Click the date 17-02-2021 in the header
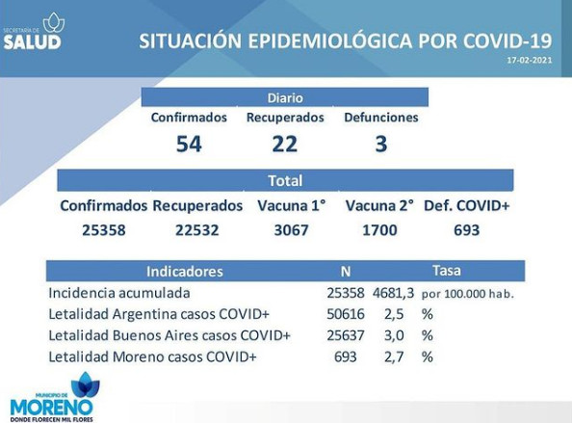530,60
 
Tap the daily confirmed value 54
189,144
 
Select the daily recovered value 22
284,144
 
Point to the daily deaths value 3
380,144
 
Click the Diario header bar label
285,98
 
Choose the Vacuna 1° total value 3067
291,230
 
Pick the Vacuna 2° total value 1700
379,230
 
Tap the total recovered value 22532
197,230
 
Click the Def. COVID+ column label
467,206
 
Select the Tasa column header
447,271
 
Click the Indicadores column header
185,272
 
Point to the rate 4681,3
393,293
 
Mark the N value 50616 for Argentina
346,314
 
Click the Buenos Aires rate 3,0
394,335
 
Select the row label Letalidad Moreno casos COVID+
152,357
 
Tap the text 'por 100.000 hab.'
468,294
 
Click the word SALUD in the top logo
32,42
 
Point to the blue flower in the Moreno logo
86,385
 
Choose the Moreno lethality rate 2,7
394,357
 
